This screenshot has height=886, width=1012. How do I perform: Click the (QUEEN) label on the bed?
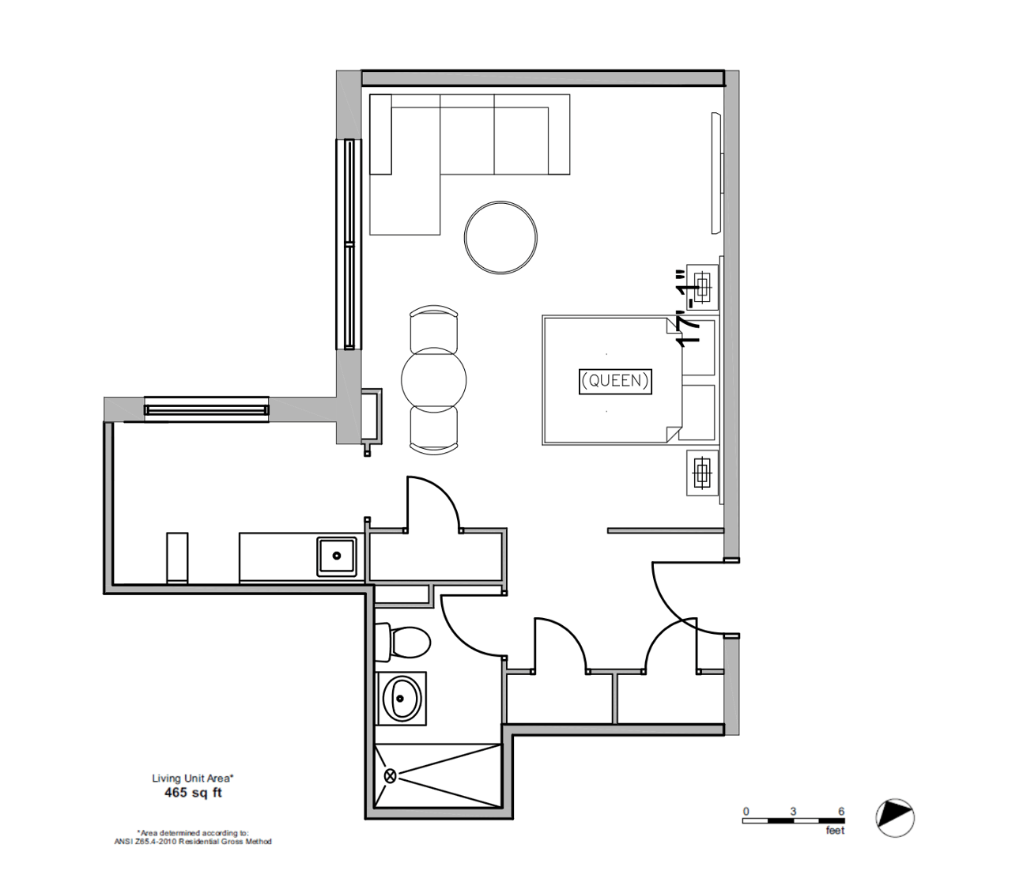[615, 382]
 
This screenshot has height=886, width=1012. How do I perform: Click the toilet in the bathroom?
[402, 643]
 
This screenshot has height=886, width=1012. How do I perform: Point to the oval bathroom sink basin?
[402, 698]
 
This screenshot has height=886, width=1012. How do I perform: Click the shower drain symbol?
[391, 776]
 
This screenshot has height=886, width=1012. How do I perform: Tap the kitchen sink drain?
[337, 556]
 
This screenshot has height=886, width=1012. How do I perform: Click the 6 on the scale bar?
[841, 812]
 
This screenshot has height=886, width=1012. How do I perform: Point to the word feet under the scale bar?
[835, 831]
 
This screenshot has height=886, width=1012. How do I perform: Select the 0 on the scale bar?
[746, 812]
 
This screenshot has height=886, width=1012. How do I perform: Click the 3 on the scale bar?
[793, 812]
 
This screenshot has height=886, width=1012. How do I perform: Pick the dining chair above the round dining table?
[434, 326]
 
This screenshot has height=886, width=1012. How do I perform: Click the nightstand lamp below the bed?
[702, 473]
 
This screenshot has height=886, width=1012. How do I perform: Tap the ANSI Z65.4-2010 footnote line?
[193, 842]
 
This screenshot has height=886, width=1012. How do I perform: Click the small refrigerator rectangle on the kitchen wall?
[177, 558]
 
